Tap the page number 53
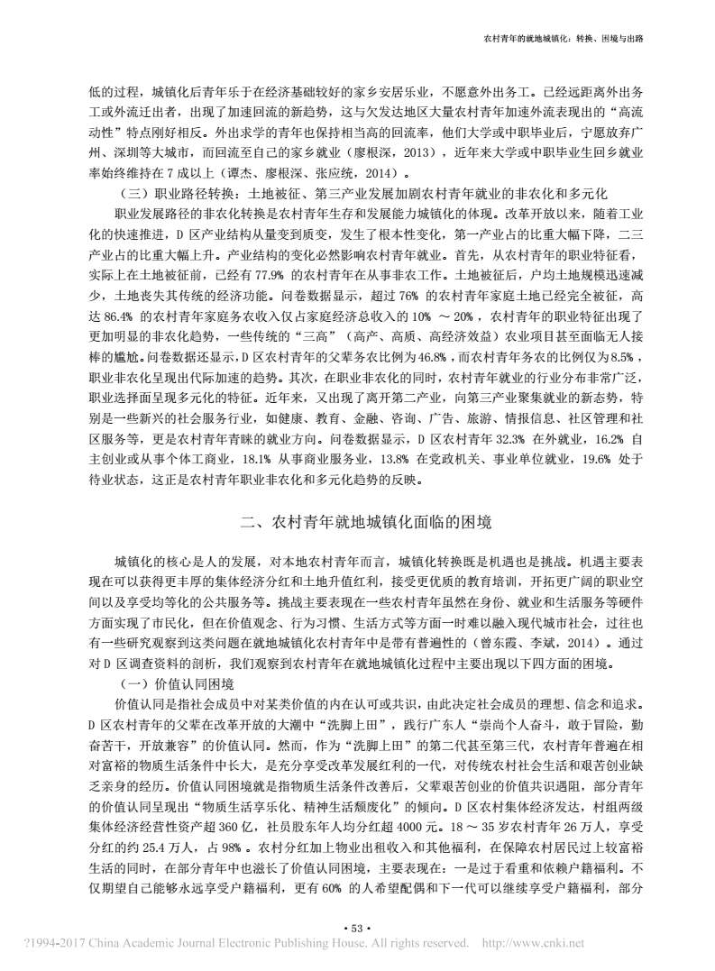[x=358, y=928]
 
